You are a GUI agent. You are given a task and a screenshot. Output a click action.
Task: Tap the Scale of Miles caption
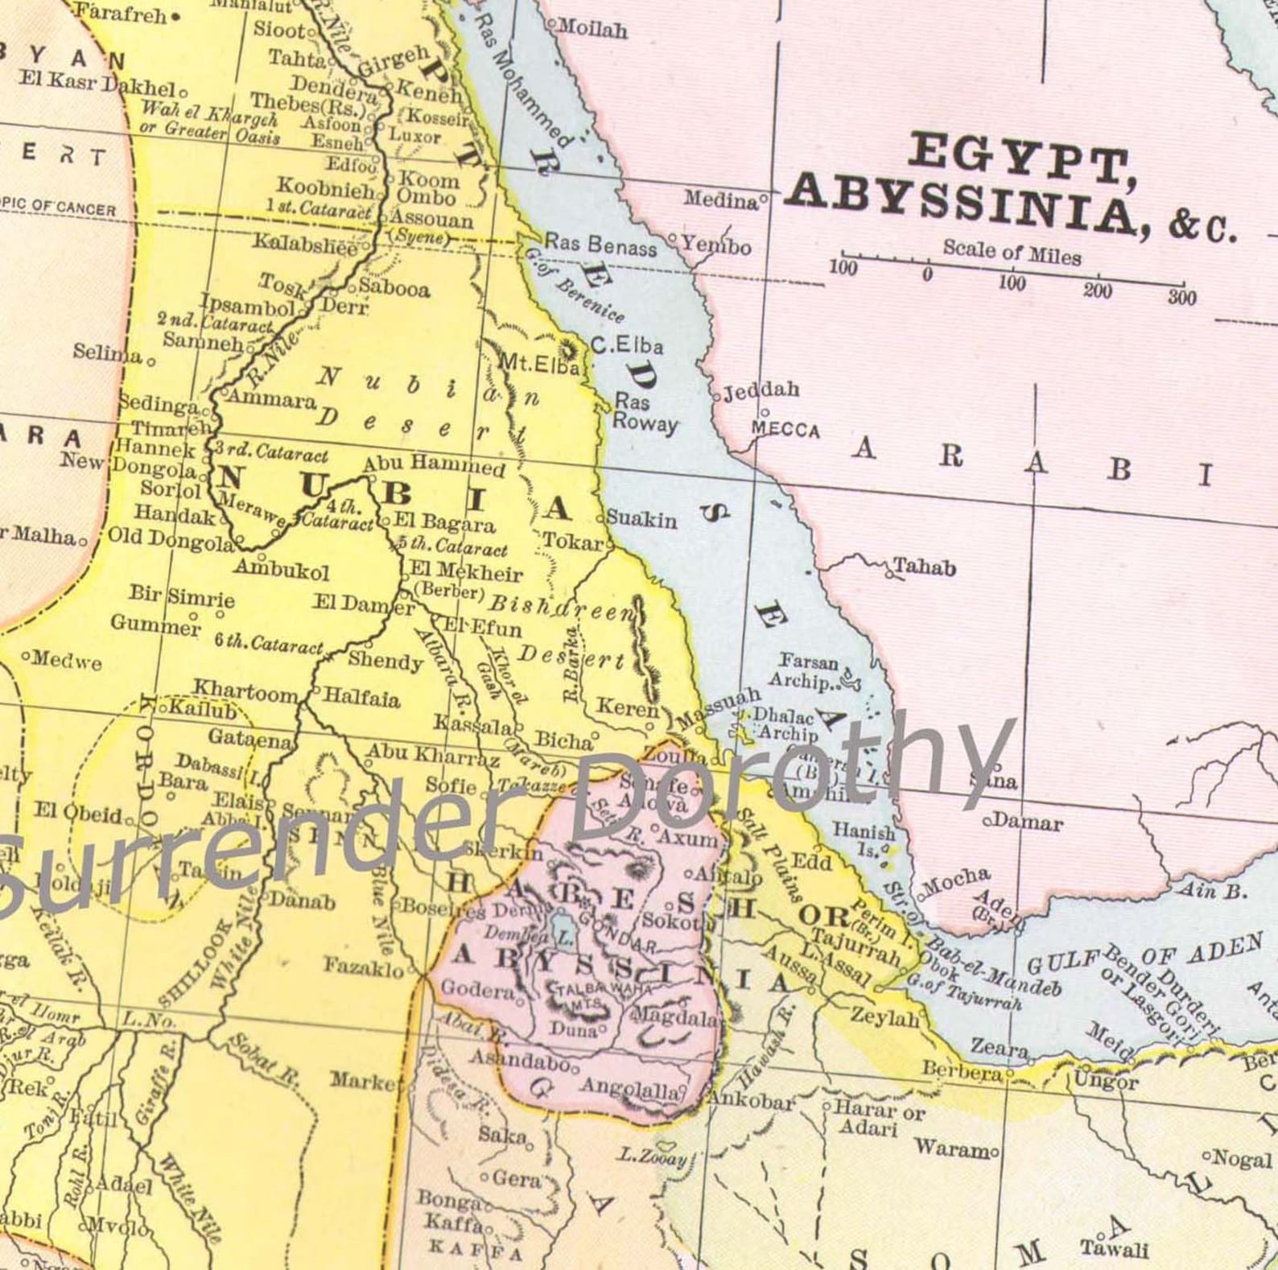pyautogui.click(x=1012, y=252)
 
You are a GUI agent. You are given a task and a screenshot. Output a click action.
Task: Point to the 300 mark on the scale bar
pyautogui.click(x=1182, y=298)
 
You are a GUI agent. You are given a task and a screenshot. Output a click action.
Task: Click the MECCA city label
pyautogui.click(x=785, y=431)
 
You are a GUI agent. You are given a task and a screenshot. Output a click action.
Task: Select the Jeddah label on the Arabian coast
pyautogui.click(x=761, y=392)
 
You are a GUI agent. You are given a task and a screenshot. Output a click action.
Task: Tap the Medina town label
pyautogui.click(x=721, y=199)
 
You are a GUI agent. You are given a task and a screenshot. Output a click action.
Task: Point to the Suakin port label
pyautogui.click(x=641, y=519)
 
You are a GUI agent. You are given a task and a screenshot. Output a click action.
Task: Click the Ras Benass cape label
pyautogui.click(x=600, y=244)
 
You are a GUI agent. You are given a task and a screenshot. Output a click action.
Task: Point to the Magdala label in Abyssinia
pyautogui.click(x=676, y=1018)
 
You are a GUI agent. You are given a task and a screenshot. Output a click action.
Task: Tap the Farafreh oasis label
pyautogui.click(x=121, y=14)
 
